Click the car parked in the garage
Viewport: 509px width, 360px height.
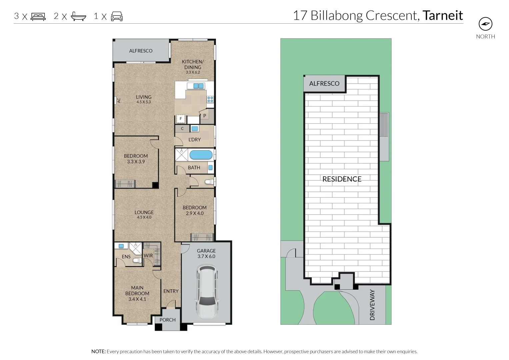(207, 291)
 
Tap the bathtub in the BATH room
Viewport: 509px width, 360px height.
(201, 155)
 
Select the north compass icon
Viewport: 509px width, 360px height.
(485, 24)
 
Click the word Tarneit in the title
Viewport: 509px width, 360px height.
(443, 15)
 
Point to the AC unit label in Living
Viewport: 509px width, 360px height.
(119, 100)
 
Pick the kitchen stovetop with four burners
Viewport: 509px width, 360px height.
(210, 99)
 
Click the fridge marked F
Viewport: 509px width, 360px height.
(181, 119)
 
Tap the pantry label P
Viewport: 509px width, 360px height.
(205, 116)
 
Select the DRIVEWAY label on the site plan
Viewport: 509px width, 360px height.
(372, 305)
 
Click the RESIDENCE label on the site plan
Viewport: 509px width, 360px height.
(342, 179)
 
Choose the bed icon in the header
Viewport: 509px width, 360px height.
(38, 17)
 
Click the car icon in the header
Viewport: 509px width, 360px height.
(117, 17)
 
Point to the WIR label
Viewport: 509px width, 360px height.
(148, 256)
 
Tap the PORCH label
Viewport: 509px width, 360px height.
(167, 320)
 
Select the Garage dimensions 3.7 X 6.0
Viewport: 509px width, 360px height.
(206, 256)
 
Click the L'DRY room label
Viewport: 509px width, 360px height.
(195, 140)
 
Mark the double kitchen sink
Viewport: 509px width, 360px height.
(198, 86)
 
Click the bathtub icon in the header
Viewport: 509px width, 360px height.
(78, 16)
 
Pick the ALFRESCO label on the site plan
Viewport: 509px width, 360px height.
(324, 84)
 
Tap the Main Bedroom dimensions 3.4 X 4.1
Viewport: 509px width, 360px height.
(137, 299)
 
